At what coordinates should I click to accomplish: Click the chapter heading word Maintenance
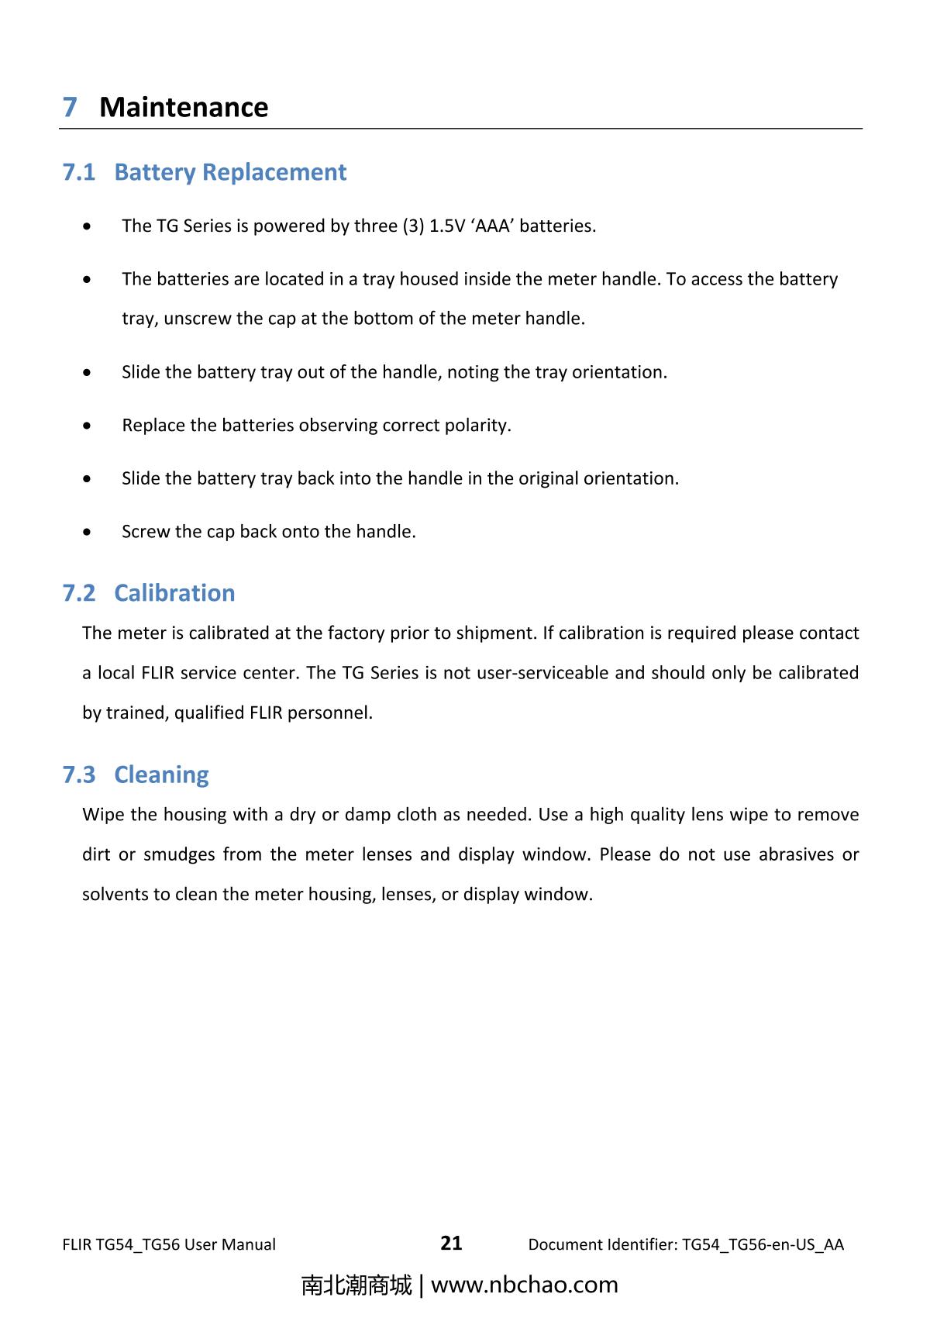pos(184,107)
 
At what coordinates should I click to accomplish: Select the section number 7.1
pos(79,172)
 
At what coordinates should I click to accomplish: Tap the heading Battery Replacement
pos(230,172)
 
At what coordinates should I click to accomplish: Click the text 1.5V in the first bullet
pos(447,226)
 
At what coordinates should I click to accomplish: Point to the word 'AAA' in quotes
pos(493,226)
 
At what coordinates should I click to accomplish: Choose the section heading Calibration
pos(174,593)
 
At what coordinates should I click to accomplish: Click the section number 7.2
pos(79,593)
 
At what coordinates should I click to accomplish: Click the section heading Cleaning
pos(161,775)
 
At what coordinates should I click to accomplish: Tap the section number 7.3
pos(79,775)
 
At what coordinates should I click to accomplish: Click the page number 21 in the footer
pos(451,1243)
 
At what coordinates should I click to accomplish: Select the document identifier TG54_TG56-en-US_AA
pos(763,1244)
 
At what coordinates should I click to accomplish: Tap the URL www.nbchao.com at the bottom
pos(524,1285)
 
